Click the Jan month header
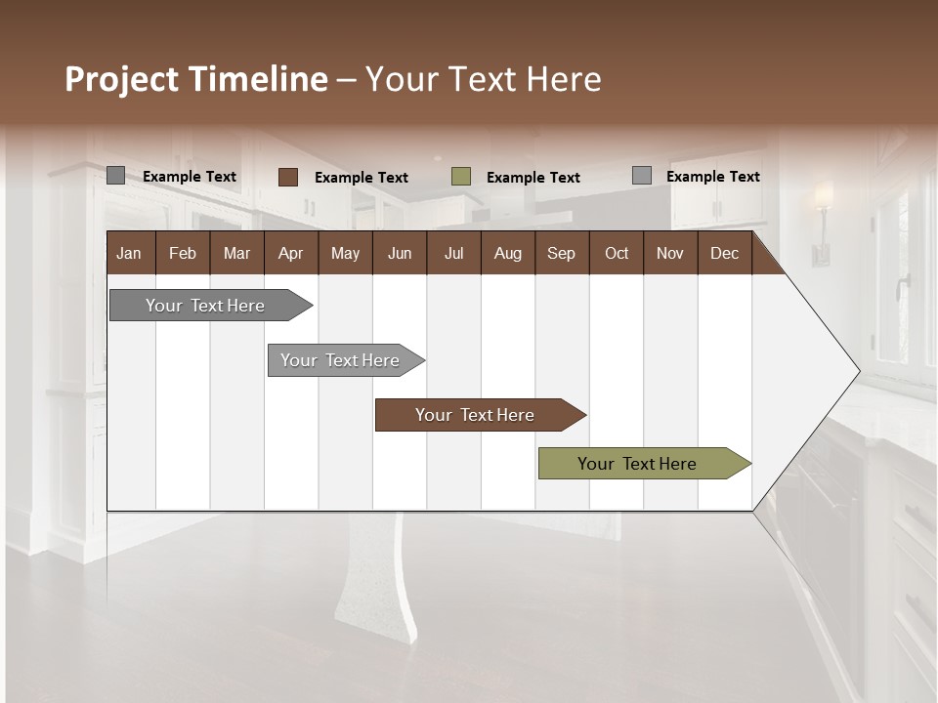click(129, 253)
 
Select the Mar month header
click(236, 253)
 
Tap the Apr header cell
click(290, 253)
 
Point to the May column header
click(345, 253)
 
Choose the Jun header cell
click(400, 253)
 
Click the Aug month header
click(507, 253)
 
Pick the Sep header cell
click(561, 253)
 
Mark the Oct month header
click(617, 253)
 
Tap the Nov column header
click(669, 253)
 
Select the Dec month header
click(724, 253)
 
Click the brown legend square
click(287, 177)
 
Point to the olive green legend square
click(461, 177)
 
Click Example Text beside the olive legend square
click(533, 178)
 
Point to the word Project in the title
click(122, 79)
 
